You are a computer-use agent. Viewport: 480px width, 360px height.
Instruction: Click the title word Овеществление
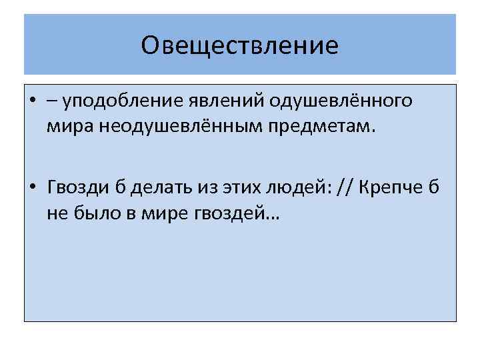(240, 46)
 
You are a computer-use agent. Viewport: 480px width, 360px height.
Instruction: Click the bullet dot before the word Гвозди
(32, 186)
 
